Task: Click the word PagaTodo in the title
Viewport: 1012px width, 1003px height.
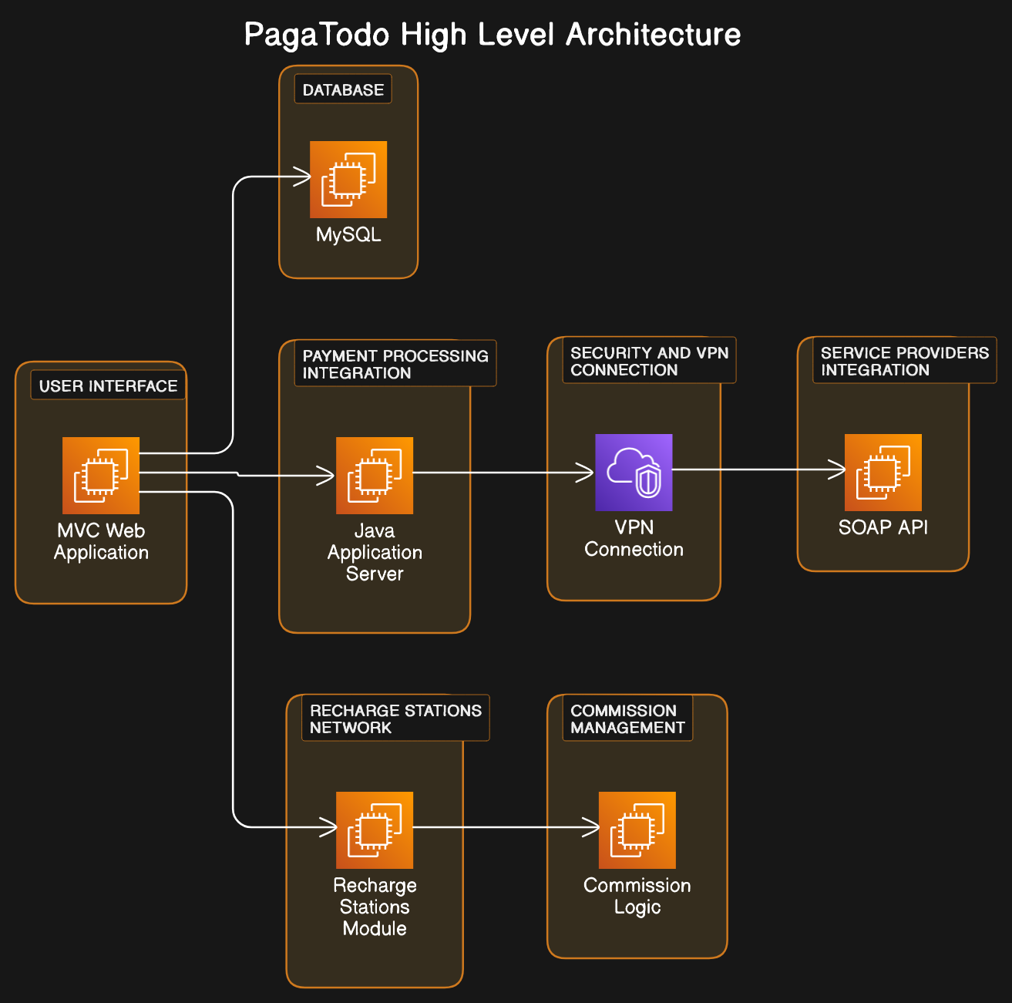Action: (x=318, y=35)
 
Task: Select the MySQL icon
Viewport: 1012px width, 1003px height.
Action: (x=348, y=180)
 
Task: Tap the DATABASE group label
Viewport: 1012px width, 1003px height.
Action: (x=343, y=89)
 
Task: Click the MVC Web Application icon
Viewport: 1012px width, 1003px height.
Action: (x=101, y=476)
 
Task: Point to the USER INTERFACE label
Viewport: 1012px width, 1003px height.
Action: (x=108, y=385)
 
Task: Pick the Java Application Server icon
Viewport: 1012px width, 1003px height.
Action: (x=375, y=476)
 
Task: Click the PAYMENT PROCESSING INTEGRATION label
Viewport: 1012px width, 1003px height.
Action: (x=395, y=364)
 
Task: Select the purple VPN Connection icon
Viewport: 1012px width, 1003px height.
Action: (x=634, y=473)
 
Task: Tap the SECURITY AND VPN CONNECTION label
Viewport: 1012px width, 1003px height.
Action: (x=649, y=361)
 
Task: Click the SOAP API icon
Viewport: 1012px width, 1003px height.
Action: (x=883, y=473)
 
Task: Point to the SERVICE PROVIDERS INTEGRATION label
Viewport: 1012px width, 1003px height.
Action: (x=904, y=361)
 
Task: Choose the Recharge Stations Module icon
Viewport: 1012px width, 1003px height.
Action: (x=375, y=830)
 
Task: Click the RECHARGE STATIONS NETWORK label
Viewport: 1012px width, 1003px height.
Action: (x=395, y=719)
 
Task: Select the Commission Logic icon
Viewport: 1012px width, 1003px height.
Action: (x=637, y=830)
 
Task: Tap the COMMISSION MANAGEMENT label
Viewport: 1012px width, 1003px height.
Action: (x=627, y=719)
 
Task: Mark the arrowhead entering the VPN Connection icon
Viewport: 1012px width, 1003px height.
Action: (x=587, y=473)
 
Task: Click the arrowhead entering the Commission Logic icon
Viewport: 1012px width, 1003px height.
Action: (x=591, y=827)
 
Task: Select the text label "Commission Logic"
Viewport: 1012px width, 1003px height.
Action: (x=637, y=896)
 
